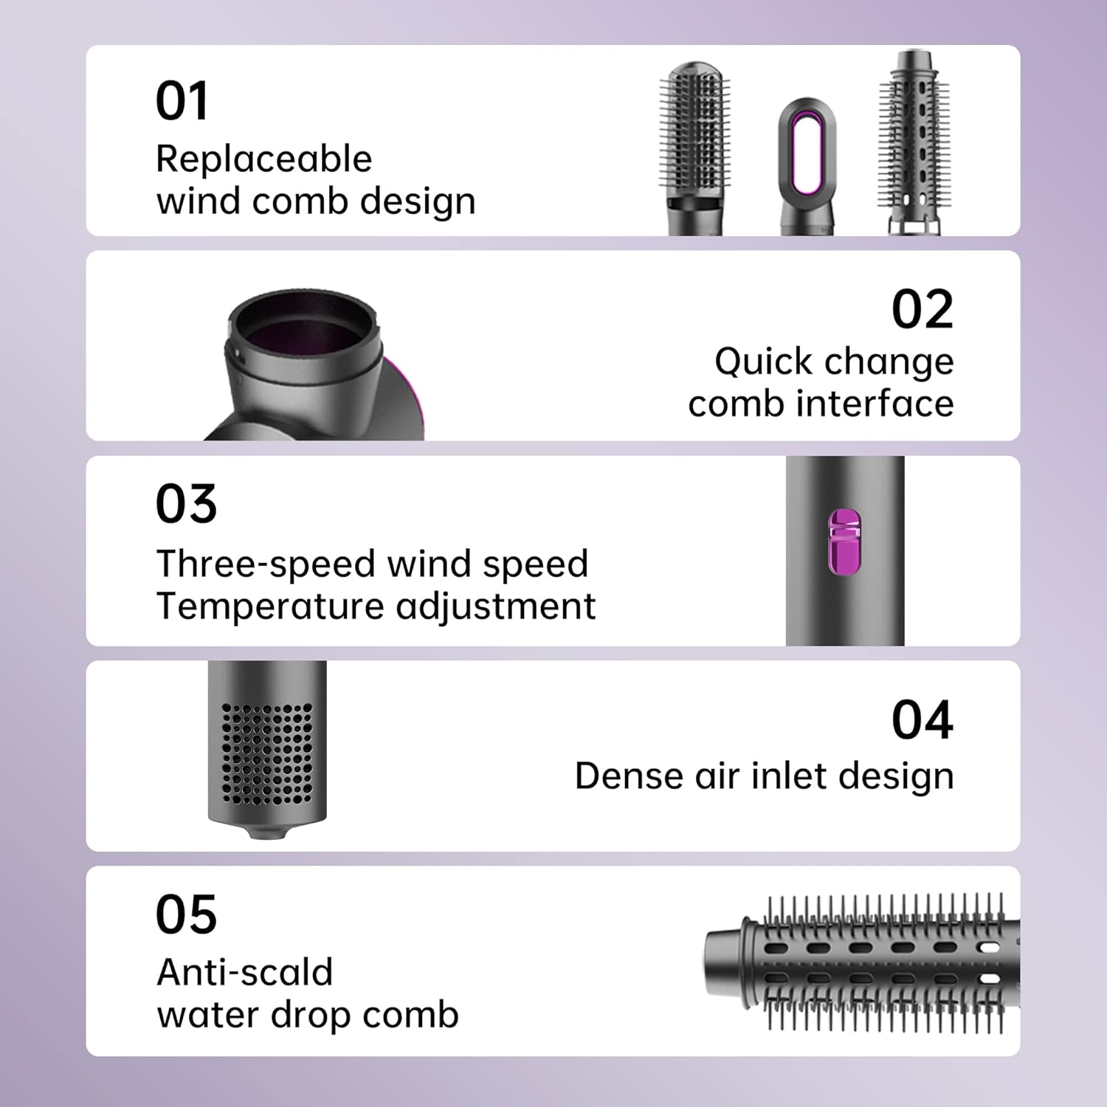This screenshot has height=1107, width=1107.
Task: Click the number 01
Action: (x=182, y=101)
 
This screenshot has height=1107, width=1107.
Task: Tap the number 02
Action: (x=922, y=310)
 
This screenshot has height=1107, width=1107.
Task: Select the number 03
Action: (x=186, y=505)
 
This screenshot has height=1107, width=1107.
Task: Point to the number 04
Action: (x=922, y=720)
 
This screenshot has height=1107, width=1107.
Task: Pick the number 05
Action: (x=186, y=915)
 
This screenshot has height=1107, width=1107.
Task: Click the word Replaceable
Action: (x=263, y=159)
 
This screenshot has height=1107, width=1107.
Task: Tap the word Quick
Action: (x=763, y=362)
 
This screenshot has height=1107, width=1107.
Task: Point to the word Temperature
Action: (x=271, y=607)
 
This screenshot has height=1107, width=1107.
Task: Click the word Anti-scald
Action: (x=244, y=973)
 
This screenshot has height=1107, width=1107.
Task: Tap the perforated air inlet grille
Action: (x=267, y=753)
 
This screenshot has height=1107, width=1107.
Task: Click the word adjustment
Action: (x=495, y=607)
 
